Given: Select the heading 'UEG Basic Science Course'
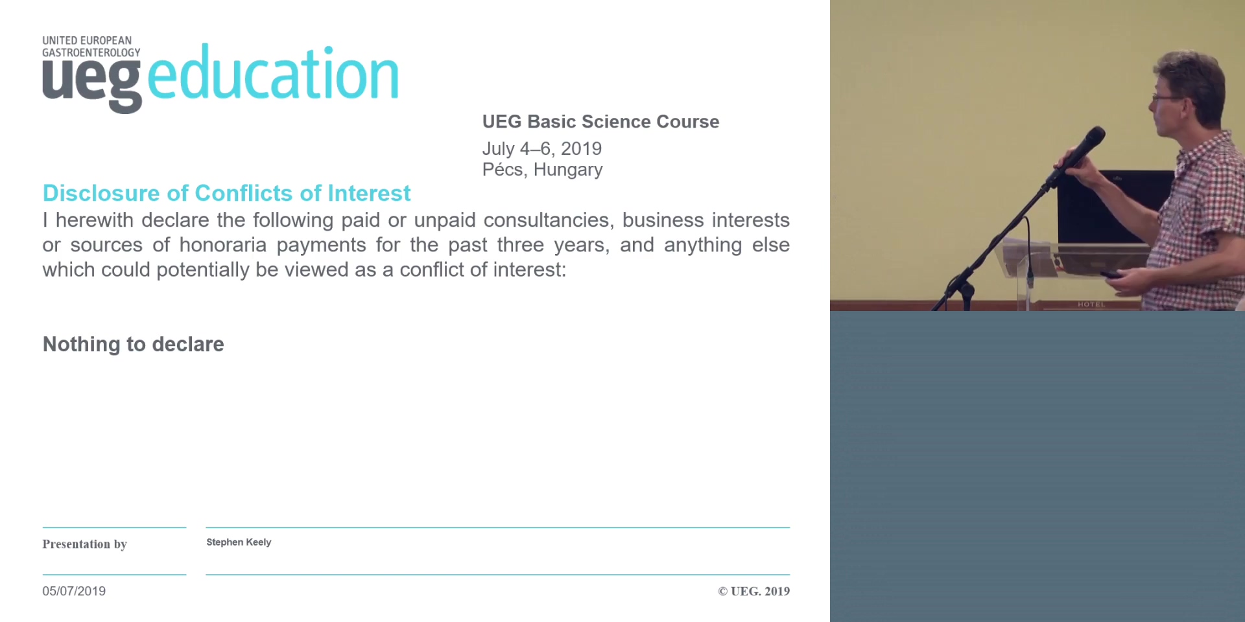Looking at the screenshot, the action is click(x=600, y=122).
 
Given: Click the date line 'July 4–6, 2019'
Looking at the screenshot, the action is click(x=542, y=148).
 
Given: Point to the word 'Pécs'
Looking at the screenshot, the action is click(x=504, y=169).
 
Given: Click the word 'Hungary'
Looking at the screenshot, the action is click(x=568, y=170).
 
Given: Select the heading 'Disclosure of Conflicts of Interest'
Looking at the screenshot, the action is click(x=226, y=193).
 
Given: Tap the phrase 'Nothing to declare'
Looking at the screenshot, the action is click(x=134, y=344).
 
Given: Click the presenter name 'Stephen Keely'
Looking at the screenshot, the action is click(x=239, y=542).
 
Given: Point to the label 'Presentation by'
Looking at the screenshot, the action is click(x=84, y=544).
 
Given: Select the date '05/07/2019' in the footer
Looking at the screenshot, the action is click(x=74, y=591).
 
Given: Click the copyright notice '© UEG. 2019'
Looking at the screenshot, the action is click(x=753, y=591).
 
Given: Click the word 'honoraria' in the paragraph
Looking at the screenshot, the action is click(x=223, y=245).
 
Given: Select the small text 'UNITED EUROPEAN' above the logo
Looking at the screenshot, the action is click(x=87, y=40).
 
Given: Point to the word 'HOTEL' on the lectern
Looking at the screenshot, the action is click(x=1091, y=304).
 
